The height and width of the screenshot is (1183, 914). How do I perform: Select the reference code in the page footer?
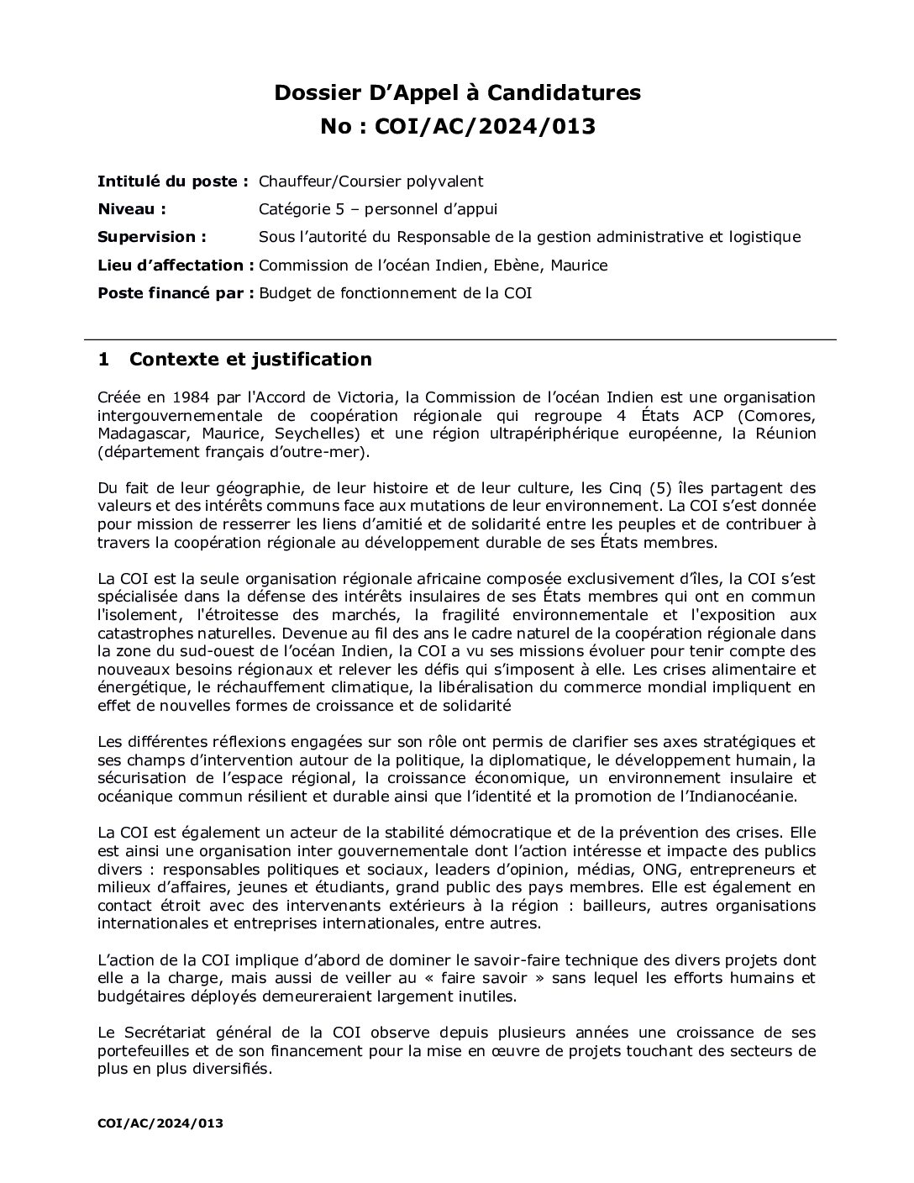pos(160,1123)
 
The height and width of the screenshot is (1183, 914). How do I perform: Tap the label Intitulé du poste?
pos(172,181)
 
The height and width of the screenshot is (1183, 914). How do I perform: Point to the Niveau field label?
pos(131,209)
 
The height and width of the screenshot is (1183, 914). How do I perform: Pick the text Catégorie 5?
pos(299,209)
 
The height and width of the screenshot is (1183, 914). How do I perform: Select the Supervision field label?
pos(151,237)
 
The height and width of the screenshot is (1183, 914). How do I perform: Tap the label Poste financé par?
pos(175,293)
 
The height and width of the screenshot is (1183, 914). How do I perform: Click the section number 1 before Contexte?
pos(103,360)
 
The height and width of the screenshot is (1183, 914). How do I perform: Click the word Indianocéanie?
pos(742,797)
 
